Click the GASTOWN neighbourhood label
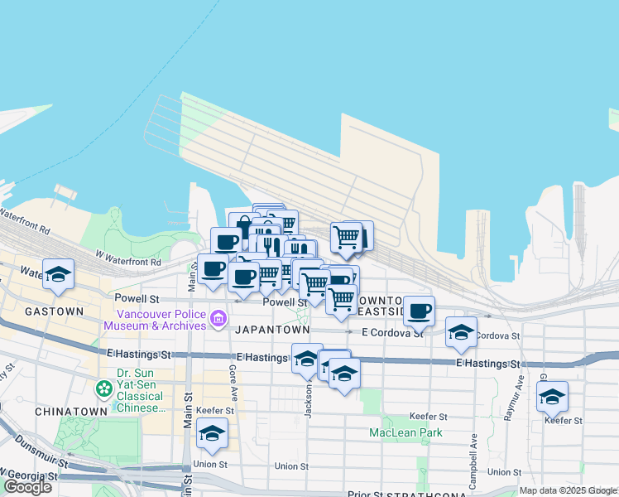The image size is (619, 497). pyautogui.click(x=55, y=311)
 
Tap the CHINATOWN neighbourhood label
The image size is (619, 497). pyautogui.click(x=71, y=411)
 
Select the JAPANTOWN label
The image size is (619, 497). pyautogui.click(x=272, y=330)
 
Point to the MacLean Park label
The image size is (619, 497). pyautogui.click(x=405, y=432)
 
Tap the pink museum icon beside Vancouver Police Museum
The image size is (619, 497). pyautogui.click(x=218, y=318)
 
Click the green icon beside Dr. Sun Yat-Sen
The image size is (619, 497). pyautogui.click(x=103, y=388)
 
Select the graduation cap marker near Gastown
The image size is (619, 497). pyautogui.click(x=58, y=275)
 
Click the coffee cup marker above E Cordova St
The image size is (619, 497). pyautogui.click(x=420, y=311)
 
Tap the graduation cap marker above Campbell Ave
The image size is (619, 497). pyautogui.click(x=461, y=333)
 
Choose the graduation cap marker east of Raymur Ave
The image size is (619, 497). pyautogui.click(x=552, y=396)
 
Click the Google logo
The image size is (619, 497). pyautogui.click(x=27, y=487)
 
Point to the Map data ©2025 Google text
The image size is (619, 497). pyautogui.click(x=567, y=490)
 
